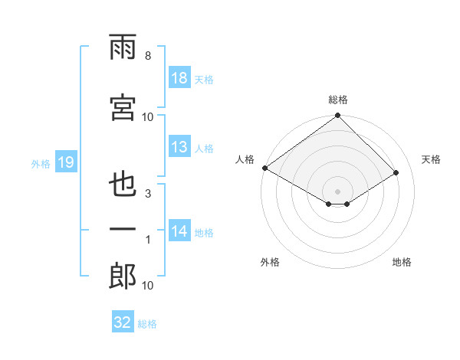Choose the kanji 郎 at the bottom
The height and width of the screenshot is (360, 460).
coord(123,276)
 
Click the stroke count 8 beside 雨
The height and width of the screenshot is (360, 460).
coord(148,56)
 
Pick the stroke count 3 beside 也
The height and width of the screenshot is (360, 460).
coord(148,194)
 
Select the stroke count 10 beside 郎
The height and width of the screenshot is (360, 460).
coord(148,286)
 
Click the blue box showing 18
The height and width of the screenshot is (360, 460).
coord(179,78)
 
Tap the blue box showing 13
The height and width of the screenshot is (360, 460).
coord(179,147)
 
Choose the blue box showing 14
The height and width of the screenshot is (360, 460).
coord(179,231)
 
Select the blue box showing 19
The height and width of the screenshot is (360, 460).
coord(65,162)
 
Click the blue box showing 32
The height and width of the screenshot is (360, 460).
coord(123,322)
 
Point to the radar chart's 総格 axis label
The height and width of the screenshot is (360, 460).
coord(338,100)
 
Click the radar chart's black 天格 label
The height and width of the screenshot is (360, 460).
coord(432,159)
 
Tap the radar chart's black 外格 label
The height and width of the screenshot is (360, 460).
coord(269,262)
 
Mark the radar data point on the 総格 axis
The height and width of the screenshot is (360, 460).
coord(338,116)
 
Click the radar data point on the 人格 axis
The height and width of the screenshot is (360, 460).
coord(264,168)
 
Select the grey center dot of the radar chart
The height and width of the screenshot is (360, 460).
coord(338,190)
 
